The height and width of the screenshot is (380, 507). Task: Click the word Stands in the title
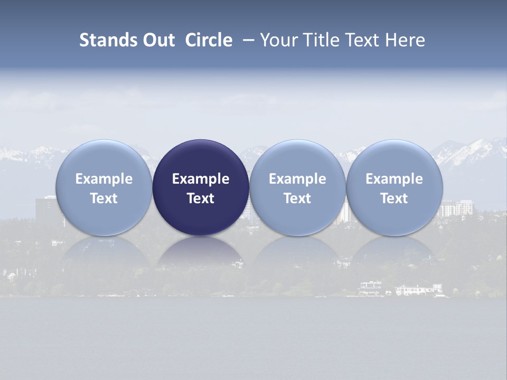[108, 40]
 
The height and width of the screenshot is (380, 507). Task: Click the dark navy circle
[201, 187]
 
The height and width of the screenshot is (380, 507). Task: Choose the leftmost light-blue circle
[104, 187]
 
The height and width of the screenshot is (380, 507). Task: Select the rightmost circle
[395, 187]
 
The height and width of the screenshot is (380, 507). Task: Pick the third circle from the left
[297, 187]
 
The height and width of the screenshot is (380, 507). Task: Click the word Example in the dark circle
[201, 179]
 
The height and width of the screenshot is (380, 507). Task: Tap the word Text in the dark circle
[201, 198]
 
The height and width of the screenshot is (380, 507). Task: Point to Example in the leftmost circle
[104, 179]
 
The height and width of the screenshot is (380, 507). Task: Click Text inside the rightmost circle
[395, 198]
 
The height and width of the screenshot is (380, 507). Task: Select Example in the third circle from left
[297, 179]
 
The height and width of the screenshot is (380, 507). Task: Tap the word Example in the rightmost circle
[395, 179]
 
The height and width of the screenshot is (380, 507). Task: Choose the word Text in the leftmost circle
[104, 198]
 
